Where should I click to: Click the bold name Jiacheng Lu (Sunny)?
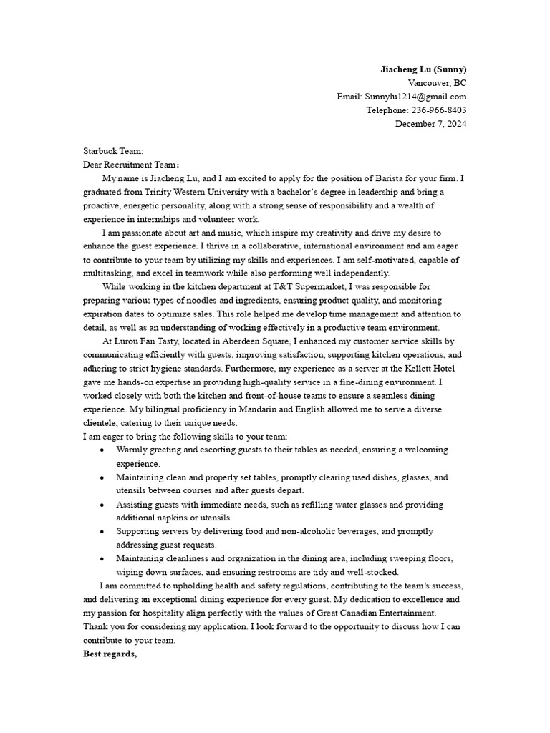coord(423,69)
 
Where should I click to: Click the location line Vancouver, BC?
coord(437,83)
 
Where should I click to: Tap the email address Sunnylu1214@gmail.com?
coord(415,97)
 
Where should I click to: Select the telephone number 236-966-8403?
coord(437,110)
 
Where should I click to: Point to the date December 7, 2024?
coord(431,124)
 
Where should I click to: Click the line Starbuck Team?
coord(113,151)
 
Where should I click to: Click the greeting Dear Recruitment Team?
coord(126,165)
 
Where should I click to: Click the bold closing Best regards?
coord(110,654)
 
